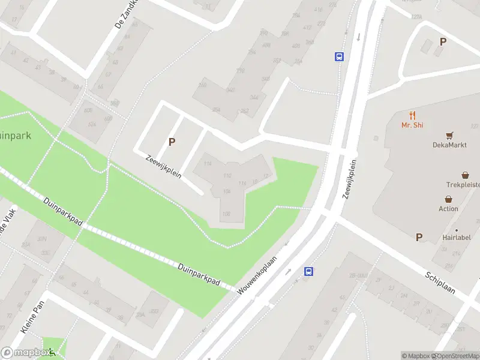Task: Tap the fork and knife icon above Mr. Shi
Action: [x=412, y=115]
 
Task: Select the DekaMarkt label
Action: [x=449, y=145]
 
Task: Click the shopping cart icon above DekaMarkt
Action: [x=449, y=135]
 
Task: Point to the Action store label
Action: [x=448, y=209]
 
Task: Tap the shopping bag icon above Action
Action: [x=448, y=199]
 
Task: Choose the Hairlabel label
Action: [x=457, y=238]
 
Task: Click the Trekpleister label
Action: [x=463, y=185]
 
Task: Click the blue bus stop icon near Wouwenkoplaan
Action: [x=309, y=271]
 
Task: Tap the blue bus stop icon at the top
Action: [x=339, y=57]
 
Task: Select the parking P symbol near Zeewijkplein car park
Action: [x=172, y=142]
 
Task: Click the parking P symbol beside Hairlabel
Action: [x=419, y=237]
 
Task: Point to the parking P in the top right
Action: [x=443, y=41]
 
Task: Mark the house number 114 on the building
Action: [x=208, y=164]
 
